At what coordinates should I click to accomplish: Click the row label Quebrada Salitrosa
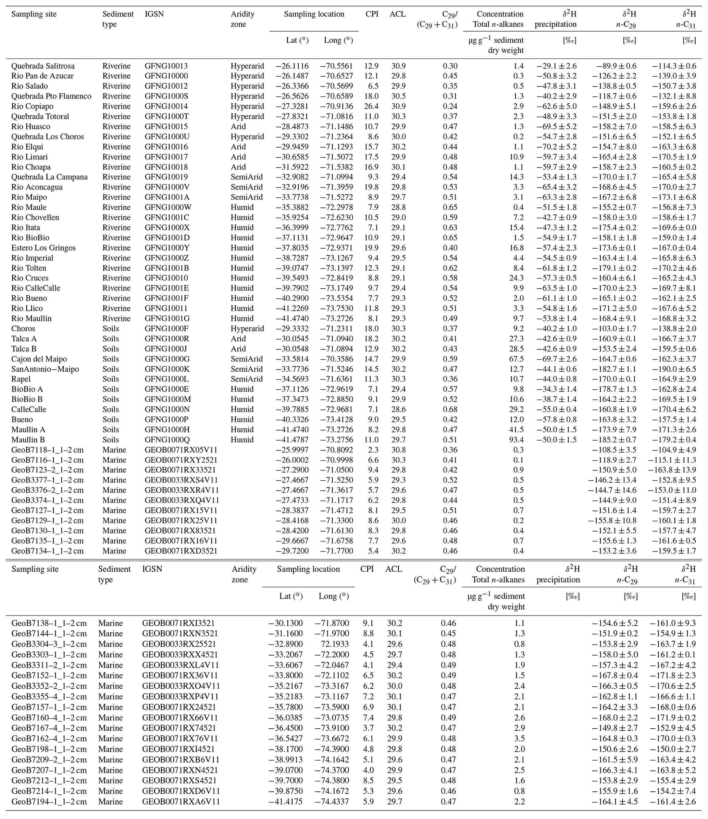(x=43, y=66)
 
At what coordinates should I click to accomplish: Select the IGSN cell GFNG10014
(x=166, y=106)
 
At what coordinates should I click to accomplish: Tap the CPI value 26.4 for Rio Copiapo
(x=371, y=106)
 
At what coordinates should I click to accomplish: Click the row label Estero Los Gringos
(x=43, y=248)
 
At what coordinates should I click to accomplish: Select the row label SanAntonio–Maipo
(x=45, y=369)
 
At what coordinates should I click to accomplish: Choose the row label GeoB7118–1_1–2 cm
(x=48, y=450)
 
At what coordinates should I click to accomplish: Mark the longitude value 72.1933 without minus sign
(x=334, y=644)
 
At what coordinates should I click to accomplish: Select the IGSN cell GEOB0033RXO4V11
(x=181, y=686)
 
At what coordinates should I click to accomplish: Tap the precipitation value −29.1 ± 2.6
(x=556, y=66)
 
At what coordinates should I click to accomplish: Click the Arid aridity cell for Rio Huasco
(x=238, y=127)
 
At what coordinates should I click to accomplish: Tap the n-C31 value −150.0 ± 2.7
(x=673, y=749)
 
